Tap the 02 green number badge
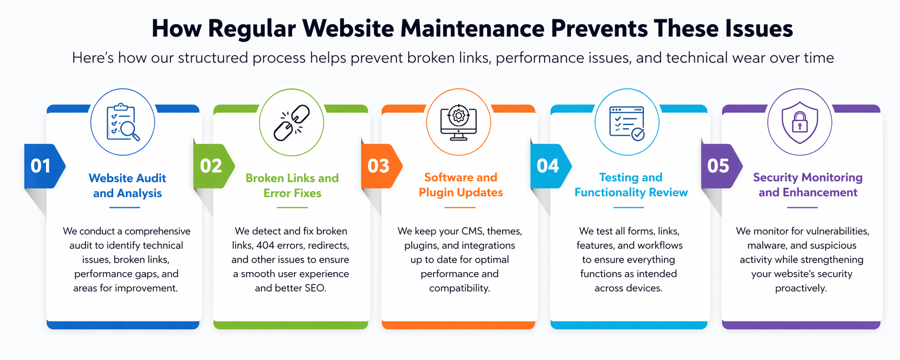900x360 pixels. coord(211,166)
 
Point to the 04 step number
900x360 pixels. coord(548,166)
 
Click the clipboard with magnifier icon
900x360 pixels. coord(123,122)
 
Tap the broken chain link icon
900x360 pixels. coord(291,123)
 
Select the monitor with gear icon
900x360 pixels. coord(458,122)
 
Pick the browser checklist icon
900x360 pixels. coord(627,123)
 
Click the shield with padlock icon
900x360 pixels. coord(800,122)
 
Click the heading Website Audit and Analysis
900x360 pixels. coord(128,186)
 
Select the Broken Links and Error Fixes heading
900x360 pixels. coord(292,186)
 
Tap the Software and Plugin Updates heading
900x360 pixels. coord(461,185)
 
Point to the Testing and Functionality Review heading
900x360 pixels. coord(631,185)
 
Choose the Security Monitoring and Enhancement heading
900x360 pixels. coord(808,185)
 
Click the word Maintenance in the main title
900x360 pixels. coord(472,28)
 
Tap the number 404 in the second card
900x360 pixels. coord(265,246)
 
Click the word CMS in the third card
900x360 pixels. coord(472,231)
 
